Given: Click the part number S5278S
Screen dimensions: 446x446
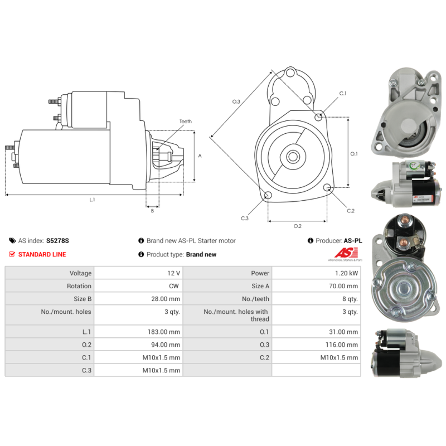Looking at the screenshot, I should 57,241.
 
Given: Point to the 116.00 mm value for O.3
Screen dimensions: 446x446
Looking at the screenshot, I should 344,345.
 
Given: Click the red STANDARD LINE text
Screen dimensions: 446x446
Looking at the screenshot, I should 42,254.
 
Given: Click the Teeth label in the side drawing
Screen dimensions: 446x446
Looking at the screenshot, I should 185,122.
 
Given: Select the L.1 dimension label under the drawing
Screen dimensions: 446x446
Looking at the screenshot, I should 92,200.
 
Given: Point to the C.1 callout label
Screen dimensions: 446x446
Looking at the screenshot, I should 343,93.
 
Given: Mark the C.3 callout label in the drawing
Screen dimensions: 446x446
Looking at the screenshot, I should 245,218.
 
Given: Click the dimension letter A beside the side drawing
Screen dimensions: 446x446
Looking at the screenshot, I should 200,156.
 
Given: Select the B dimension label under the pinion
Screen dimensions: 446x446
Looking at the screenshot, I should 152,210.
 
